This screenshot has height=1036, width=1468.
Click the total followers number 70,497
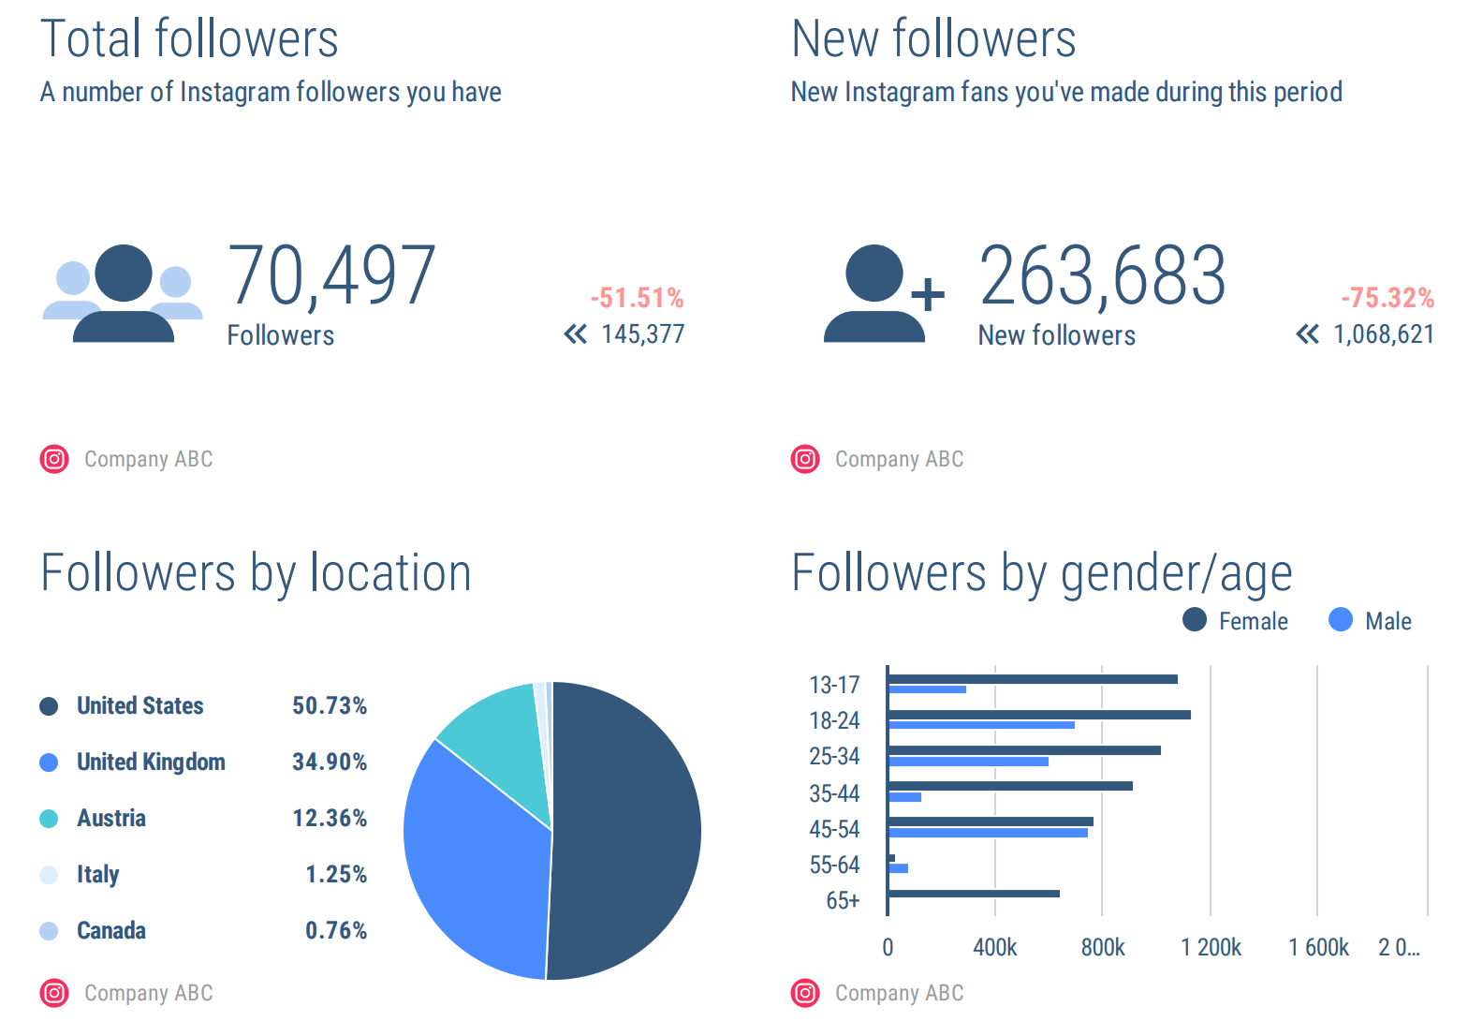pos(331,275)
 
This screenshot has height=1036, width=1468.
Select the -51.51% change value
pos(637,298)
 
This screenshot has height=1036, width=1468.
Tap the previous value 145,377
pos(642,334)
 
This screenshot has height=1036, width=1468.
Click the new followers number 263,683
pos(1102,275)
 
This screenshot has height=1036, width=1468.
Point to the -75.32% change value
pos(1387,298)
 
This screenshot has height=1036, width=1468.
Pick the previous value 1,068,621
pos(1383,334)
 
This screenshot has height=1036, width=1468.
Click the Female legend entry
pos(1236,621)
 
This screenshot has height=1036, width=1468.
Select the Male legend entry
pos(1371,621)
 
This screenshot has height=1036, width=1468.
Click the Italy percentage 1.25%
pos(335,875)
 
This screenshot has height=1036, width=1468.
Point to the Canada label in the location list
pos(111,931)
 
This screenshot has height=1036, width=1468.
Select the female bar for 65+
pos(974,894)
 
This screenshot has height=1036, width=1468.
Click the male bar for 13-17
pos(927,689)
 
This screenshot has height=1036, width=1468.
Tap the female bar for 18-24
pos(1039,715)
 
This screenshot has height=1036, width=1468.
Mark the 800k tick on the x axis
pos(1103,948)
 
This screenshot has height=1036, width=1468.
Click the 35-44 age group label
pos(834,794)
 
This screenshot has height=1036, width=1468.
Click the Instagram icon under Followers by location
pos(54,993)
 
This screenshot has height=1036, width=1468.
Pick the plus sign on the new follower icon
pos(927,295)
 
